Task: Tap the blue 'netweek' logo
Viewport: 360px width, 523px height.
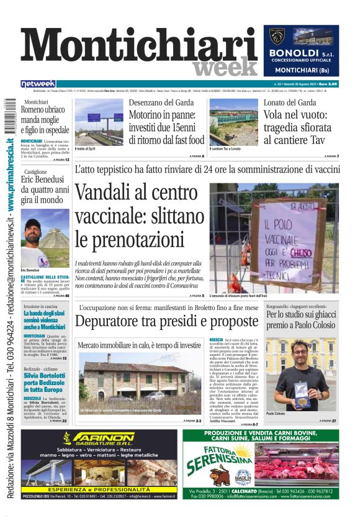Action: point(38,84)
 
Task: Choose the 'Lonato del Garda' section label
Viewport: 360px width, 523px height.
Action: point(290,102)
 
